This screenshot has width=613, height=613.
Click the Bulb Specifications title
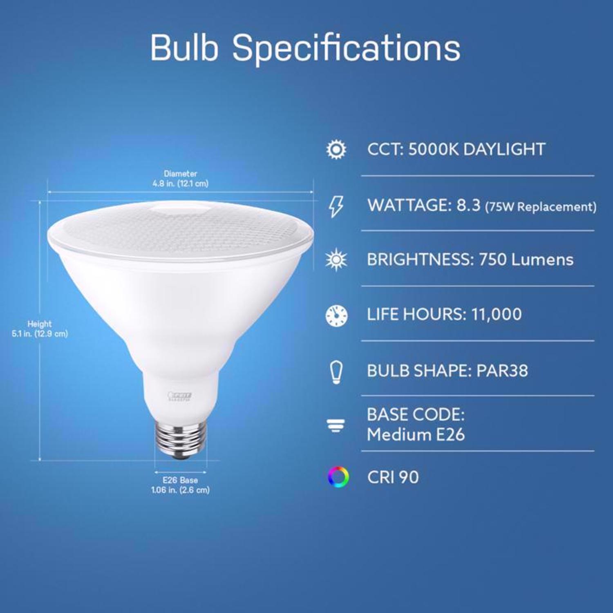click(305, 48)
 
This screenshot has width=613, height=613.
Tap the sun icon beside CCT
click(336, 150)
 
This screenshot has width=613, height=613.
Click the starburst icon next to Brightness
click(336, 260)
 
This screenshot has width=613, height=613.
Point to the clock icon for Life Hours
click(336, 315)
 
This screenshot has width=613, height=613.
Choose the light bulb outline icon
click(336, 372)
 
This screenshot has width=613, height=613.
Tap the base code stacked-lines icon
click(336, 426)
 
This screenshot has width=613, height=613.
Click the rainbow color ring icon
click(338, 477)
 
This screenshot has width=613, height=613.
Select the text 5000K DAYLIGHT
click(477, 150)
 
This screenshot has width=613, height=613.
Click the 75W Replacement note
click(540, 207)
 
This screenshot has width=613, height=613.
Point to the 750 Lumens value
click(526, 260)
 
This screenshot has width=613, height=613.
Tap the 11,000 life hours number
click(496, 315)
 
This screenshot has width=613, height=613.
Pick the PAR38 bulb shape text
click(502, 371)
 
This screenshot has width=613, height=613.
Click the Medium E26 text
click(416, 435)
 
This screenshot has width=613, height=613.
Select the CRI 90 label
click(393, 477)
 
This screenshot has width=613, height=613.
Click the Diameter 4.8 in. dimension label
click(180, 179)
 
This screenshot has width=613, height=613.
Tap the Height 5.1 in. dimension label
click(40, 329)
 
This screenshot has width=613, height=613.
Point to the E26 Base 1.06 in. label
click(180, 485)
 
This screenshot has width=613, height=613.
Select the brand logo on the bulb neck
click(180, 396)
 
